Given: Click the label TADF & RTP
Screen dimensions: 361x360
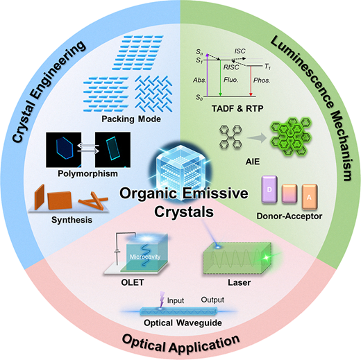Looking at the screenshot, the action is pos(237,108).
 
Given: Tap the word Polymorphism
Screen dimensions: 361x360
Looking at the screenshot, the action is pos(87,173).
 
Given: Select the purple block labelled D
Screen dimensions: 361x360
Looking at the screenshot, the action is pos(269,190).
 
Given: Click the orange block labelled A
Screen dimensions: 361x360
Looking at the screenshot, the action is pos(310,197).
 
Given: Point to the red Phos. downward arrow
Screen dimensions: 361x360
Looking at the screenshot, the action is pos(251,81).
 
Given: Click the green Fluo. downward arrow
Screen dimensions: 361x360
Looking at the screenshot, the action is pos(220,78).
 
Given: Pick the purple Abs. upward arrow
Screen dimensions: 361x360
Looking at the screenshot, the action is pos(208,75).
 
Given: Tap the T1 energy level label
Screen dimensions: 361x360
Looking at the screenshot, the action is pos(267,67).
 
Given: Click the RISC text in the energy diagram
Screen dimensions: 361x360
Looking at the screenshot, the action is pos(231,67).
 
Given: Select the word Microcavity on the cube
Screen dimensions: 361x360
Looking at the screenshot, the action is pos(145,257).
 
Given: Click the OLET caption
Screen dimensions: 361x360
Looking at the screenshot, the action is pos(133,282).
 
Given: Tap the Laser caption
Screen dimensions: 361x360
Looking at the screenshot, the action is pos(240,282).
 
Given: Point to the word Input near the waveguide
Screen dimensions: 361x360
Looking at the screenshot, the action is pos(176,300).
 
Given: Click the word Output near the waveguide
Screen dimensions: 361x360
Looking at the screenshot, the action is pos(212,300).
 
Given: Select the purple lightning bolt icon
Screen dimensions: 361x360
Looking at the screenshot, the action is pos(162,300).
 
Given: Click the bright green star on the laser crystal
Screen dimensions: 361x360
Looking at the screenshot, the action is pos(267,257).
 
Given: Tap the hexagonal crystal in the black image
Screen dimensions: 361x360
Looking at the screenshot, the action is pos(65,148).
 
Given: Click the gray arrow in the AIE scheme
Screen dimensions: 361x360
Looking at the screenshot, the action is pos(257,138).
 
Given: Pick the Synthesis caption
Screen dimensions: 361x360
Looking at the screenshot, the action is pos(72,220).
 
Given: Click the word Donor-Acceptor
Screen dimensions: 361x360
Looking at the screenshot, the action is pos(289,216).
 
